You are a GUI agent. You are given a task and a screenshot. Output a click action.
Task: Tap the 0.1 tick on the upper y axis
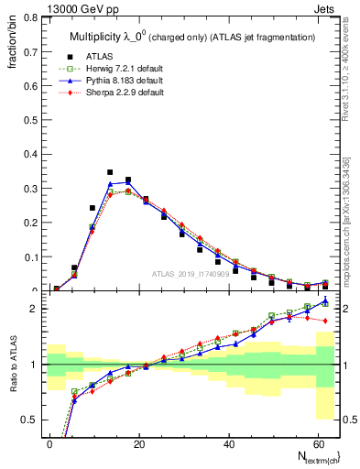click(28, 257)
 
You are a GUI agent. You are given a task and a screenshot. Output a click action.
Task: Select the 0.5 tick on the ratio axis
click(28, 420)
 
